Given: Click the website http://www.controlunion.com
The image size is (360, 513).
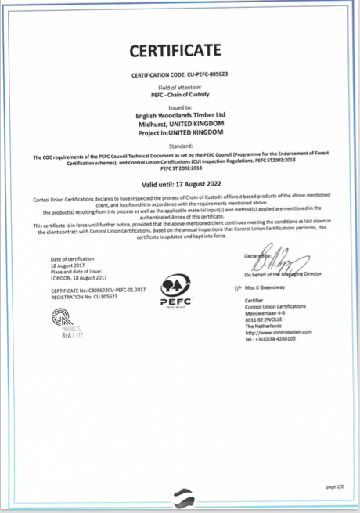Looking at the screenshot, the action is click(x=278, y=332).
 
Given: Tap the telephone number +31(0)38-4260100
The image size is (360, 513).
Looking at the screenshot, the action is click(x=278, y=338).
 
